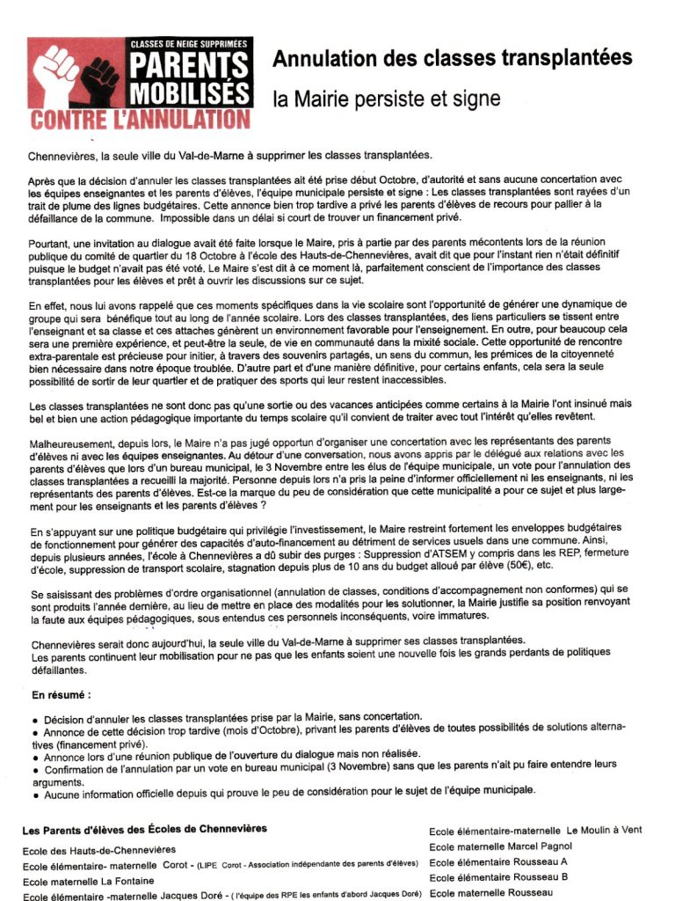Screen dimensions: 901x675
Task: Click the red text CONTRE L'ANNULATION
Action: pyautogui.click(x=140, y=119)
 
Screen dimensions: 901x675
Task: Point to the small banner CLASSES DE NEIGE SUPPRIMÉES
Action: pyautogui.click(x=189, y=43)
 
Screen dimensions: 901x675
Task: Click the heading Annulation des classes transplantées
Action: pyautogui.click(x=453, y=58)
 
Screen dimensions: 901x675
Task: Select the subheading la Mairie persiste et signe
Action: pyautogui.click(x=387, y=99)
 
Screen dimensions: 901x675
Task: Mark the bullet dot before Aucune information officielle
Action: pyautogui.click(x=34, y=795)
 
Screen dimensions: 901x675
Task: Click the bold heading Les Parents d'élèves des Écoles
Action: pyautogui.click(x=145, y=829)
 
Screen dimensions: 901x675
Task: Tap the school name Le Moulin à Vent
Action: pyautogui.click(x=605, y=830)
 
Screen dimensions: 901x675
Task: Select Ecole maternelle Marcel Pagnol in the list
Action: pyautogui.click(x=500, y=846)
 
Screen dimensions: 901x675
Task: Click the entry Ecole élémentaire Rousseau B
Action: pyautogui.click(x=498, y=877)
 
